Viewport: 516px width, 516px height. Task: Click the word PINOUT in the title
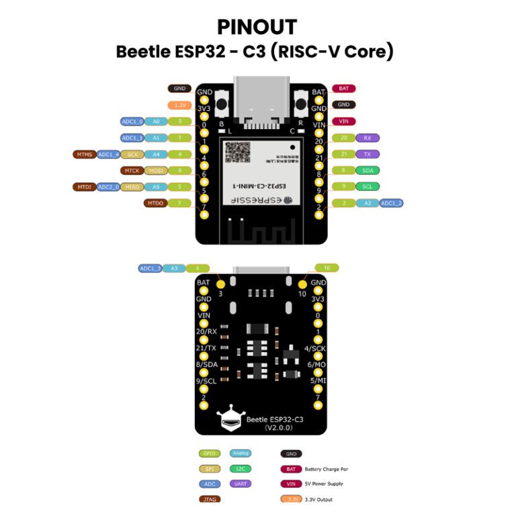257,27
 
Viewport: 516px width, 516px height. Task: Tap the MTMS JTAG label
84,155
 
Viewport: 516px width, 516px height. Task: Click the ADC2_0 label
108,187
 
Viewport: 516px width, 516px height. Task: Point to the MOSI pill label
155,171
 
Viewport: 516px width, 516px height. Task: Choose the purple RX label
367,138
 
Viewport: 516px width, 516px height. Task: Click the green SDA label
367,171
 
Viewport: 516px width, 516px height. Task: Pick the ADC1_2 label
392,203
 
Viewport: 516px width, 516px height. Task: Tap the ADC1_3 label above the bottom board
150,268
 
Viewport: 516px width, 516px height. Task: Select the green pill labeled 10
326,268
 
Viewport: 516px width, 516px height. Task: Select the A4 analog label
155,155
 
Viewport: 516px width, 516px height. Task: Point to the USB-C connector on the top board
261,101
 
